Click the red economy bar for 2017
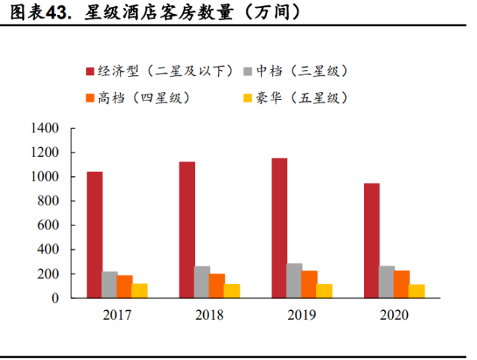click(95, 235)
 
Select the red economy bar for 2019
click(279, 228)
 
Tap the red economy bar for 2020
click(371, 240)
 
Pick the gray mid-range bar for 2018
click(202, 282)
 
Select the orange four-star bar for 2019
click(310, 284)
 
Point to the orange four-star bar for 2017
click(124, 286)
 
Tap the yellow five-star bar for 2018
click(232, 291)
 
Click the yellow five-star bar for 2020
click(417, 291)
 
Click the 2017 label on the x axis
click(117, 315)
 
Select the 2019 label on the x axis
click(301, 315)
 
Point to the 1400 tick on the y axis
click(45, 129)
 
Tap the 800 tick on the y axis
click(49, 201)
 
